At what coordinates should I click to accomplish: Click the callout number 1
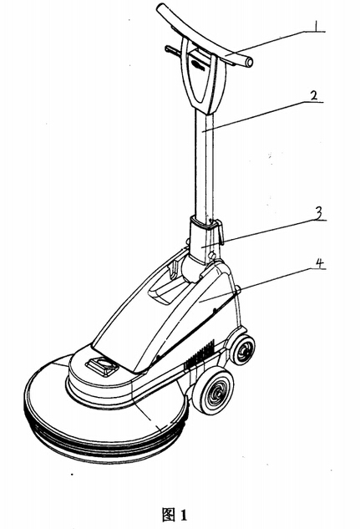[316, 26]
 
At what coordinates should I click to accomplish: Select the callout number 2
[313, 94]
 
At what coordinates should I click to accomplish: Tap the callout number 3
[318, 213]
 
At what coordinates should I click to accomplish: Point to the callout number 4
[320, 263]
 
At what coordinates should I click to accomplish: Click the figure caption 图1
[174, 515]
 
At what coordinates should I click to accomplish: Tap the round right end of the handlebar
[250, 63]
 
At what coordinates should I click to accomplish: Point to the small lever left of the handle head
[173, 51]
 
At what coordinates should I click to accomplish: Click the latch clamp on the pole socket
[221, 232]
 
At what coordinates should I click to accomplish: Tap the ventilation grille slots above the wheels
[200, 355]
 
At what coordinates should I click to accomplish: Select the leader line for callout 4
[262, 285]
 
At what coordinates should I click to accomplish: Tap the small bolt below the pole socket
[212, 254]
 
